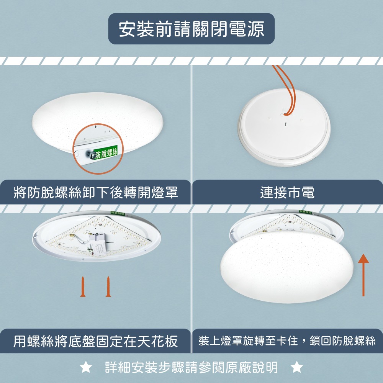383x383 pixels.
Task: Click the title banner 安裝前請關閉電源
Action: coord(191,29)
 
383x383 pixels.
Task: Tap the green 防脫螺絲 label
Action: coord(106,152)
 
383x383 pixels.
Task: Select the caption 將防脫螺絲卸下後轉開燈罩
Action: coord(96,192)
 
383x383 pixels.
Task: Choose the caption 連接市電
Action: coord(287,192)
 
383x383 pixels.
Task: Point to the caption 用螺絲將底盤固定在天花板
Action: coord(96,340)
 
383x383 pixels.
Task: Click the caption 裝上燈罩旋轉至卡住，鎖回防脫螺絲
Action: coord(287,340)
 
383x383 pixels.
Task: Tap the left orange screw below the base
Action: coord(82,286)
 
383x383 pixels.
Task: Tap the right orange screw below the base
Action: coord(108,286)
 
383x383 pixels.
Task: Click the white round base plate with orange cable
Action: coord(284,132)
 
